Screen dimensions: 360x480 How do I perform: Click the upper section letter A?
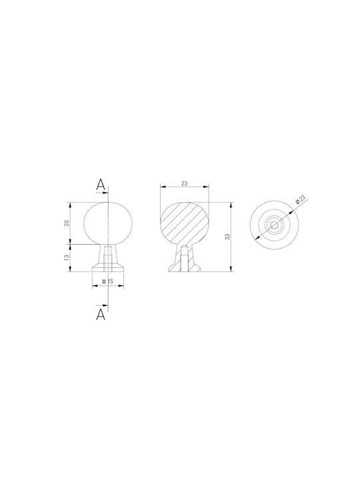[x=101, y=185]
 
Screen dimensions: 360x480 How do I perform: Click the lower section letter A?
[x=101, y=315]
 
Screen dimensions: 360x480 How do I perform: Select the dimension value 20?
[x=67, y=223]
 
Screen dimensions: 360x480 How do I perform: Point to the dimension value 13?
[x=67, y=258]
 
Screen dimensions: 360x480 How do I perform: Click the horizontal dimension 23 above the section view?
[x=184, y=184]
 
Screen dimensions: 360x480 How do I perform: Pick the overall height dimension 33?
[x=227, y=237]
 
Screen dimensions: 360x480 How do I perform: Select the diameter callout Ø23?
[x=301, y=199]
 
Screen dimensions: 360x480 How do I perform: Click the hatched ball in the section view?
[x=184, y=223]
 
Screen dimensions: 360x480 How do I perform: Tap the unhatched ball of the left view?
[x=108, y=223]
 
